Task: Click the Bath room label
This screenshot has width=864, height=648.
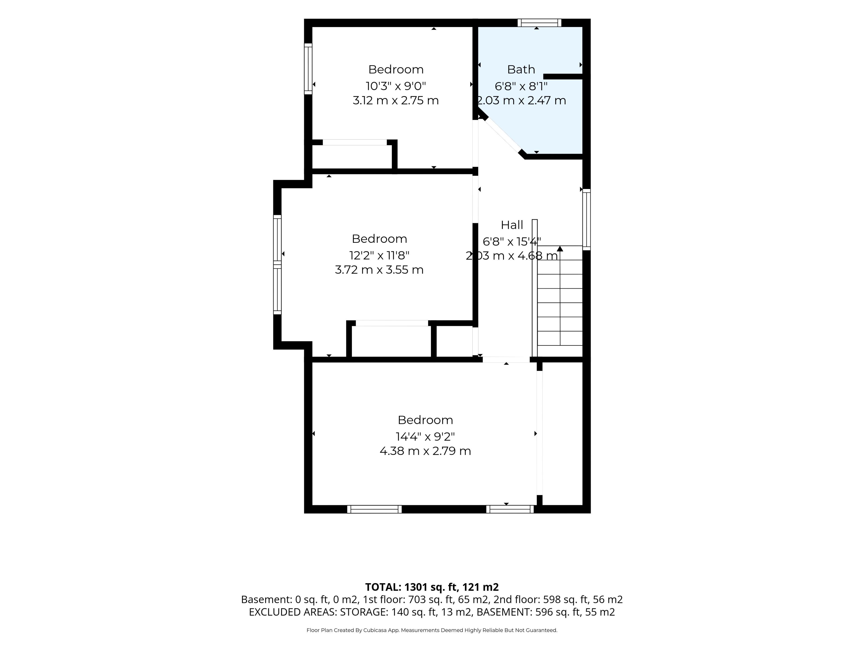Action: point(521,70)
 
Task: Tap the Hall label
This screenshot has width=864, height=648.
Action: point(512,225)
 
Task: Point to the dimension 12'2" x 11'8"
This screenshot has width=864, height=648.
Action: point(379,255)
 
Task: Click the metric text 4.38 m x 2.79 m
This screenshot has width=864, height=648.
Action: point(425,451)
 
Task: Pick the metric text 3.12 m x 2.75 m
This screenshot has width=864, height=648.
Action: point(396,100)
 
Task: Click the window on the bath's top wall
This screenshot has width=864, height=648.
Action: point(539,23)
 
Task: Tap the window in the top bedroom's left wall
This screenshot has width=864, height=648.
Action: point(308,69)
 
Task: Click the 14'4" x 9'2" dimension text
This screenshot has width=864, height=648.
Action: point(425,436)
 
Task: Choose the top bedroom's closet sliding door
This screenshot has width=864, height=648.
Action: point(355,142)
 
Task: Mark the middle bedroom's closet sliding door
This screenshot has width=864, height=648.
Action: point(392,323)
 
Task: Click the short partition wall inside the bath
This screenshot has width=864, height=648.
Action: point(563,76)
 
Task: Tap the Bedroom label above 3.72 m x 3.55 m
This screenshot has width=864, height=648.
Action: point(379,239)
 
